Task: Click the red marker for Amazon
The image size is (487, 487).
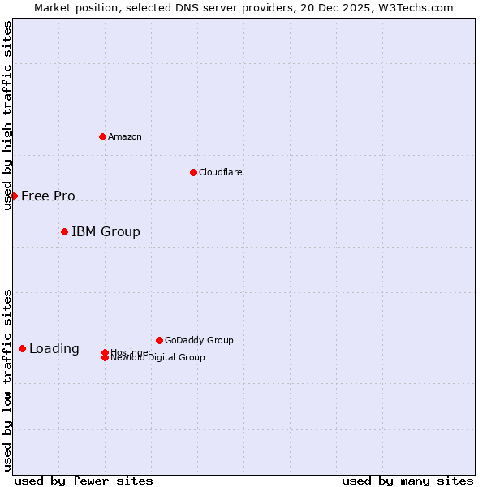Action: tap(102, 136)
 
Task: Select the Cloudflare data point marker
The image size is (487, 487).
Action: tap(193, 172)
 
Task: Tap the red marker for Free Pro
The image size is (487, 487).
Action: tap(14, 196)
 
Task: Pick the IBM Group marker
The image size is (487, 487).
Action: tap(64, 232)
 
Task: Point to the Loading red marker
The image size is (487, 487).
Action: tap(22, 348)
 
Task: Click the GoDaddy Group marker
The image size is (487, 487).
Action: tap(159, 340)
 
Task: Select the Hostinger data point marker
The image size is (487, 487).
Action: tap(105, 352)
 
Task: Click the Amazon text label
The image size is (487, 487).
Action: tap(125, 136)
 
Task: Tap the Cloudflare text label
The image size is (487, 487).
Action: tap(221, 172)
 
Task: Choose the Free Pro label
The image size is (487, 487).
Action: tap(48, 196)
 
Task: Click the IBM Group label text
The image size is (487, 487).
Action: tap(106, 232)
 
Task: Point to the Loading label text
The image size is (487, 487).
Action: tap(54, 349)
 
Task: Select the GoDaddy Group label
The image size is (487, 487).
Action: tap(199, 340)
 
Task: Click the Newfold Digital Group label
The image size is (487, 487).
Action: tap(158, 358)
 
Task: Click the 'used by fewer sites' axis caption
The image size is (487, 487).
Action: tap(84, 481)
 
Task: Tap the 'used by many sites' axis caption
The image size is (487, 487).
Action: tap(407, 481)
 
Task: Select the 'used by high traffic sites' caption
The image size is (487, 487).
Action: tap(7, 115)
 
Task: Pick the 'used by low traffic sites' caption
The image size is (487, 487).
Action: tap(7, 380)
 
